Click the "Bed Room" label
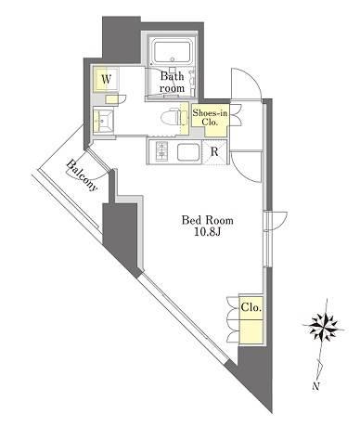tap(207, 220)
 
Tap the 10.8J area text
tap(207, 232)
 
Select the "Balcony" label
tap(82, 175)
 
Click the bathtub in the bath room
tap(172, 52)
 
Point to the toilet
tap(170, 117)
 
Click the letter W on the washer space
tap(106, 80)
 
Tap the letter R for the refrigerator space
tap(214, 152)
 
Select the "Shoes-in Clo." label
tap(210, 117)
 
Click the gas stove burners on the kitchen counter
tap(161, 150)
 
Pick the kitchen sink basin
tap(188, 152)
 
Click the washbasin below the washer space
tap(103, 120)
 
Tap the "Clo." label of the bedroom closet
tap(251, 308)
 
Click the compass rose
tap(324, 326)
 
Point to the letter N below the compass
tap(315, 386)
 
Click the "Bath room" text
tap(172, 82)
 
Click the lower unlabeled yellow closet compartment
tap(251, 331)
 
